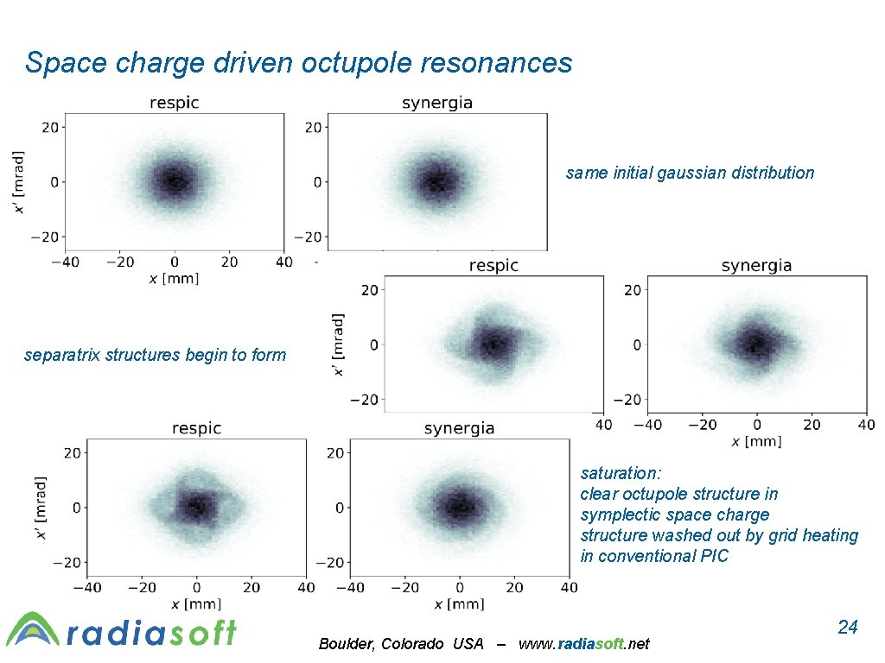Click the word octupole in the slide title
356,63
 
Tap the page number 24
848,627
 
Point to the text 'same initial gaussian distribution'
690,173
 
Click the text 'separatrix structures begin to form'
155,355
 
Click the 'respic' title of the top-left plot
175,103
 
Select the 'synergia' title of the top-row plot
437,103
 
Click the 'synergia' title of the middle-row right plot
756,265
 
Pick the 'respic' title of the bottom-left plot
196,428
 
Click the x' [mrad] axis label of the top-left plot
19,182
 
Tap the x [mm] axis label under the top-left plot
174,280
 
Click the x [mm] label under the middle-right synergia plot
756,442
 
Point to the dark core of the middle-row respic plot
493,344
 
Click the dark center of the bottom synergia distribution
459,506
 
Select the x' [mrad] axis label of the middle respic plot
339,344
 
